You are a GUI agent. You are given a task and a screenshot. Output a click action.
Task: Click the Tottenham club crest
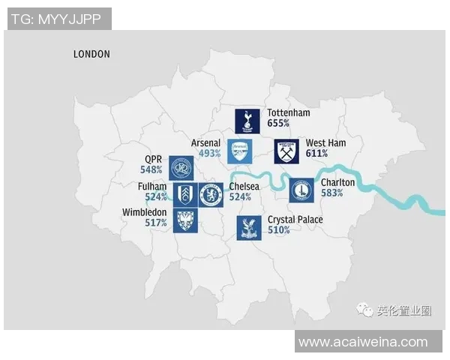point(247,120)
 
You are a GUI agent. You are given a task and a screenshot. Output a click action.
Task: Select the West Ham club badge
point(286,151)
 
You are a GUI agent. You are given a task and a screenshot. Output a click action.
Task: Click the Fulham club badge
point(186,195)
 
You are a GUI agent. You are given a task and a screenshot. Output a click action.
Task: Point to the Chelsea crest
point(211,195)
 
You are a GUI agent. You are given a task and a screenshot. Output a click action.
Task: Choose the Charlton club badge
point(302,190)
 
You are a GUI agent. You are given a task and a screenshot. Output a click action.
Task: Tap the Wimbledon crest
point(186,220)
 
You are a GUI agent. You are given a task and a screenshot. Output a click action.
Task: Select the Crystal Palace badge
point(248,228)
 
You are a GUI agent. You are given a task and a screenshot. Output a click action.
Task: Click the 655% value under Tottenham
point(278,124)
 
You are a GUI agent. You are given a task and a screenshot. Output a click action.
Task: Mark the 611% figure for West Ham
point(317,153)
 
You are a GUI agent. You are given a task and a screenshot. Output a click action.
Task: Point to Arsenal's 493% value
point(209,153)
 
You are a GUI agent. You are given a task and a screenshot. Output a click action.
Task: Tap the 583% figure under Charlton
point(331,193)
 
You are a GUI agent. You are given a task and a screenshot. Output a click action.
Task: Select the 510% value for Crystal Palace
point(278,230)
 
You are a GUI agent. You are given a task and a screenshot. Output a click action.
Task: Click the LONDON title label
point(91,54)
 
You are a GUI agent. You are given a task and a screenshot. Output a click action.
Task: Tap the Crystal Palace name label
point(295,220)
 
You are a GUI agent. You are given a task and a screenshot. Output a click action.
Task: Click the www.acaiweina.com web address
point(363,342)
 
